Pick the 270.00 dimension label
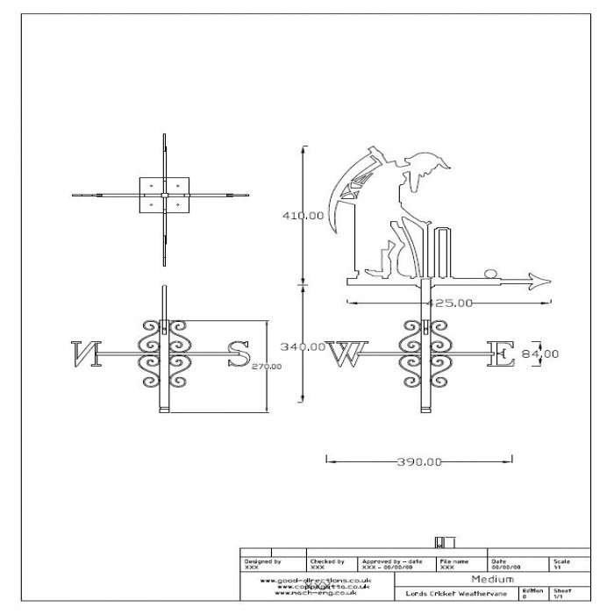coord(267,366)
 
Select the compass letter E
coord(500,353)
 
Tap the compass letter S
coord(238,353)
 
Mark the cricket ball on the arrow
coord(490,274)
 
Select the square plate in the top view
coord(165,196)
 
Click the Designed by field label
coord(262,560)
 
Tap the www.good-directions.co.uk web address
coord(317,580)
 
